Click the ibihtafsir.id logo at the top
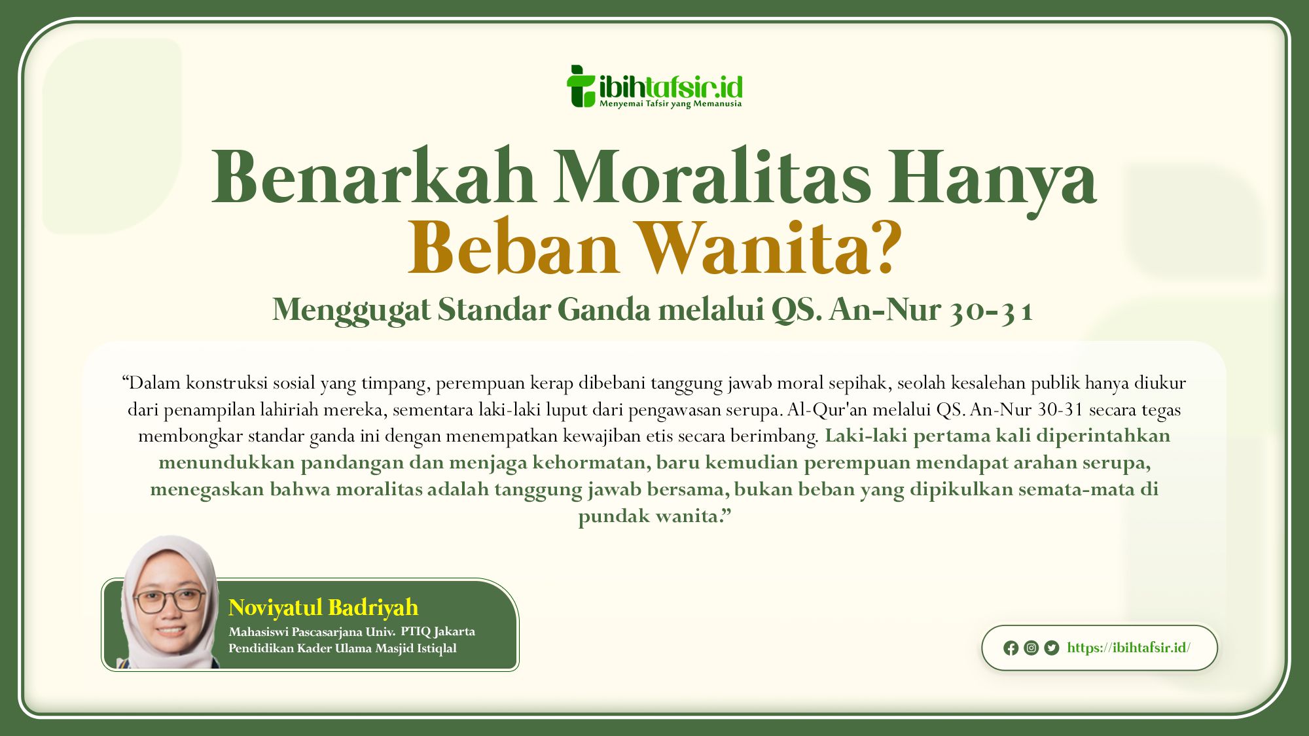coord(654,86)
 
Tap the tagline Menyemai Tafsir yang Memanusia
coord(670,104)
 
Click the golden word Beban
coord(513,249)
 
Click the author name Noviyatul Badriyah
coord(323,608)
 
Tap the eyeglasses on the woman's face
coord(170,601)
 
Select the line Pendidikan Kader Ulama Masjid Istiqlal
coord(342,648)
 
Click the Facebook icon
coord(1011,648)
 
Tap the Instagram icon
coord(1031,648)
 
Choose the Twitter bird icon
coord(1052,648)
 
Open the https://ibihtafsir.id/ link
coord(1129,648)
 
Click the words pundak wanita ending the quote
coord(654,517)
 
